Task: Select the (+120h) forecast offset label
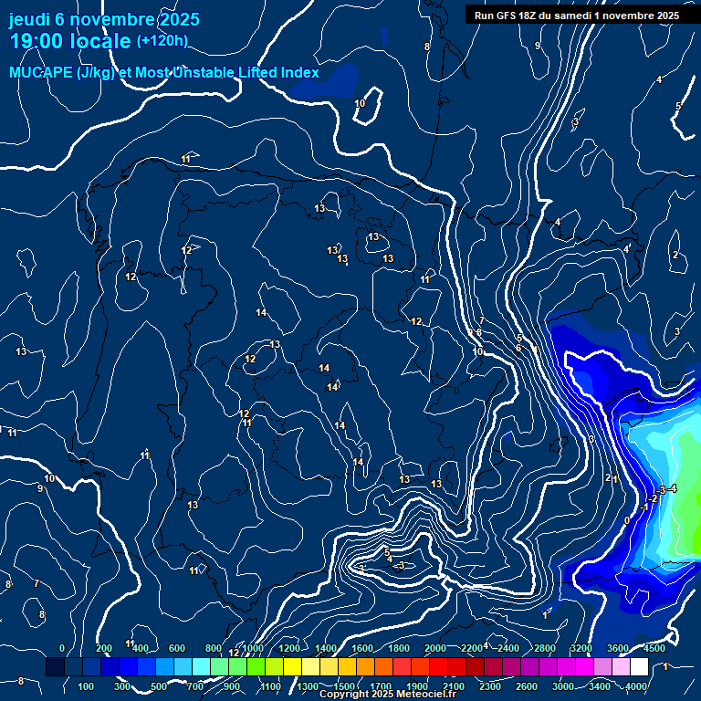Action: click(x=162, y=40)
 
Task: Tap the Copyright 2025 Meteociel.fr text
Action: click(x=387, y=695)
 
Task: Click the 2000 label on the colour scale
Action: click(x=435, y=648)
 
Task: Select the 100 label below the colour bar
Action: click(x=87, y=686)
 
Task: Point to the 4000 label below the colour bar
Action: click(x=636, y=686)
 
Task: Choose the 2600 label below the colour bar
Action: click(x=528, y=686)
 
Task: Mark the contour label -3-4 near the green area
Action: click(x=666, y=490)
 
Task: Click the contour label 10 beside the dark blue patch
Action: click(x=360, y=103)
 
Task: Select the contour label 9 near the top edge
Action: click(x=538, y=46)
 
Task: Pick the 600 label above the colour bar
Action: click(x=177, y=648)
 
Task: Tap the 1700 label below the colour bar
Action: click(x=382, y=686)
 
